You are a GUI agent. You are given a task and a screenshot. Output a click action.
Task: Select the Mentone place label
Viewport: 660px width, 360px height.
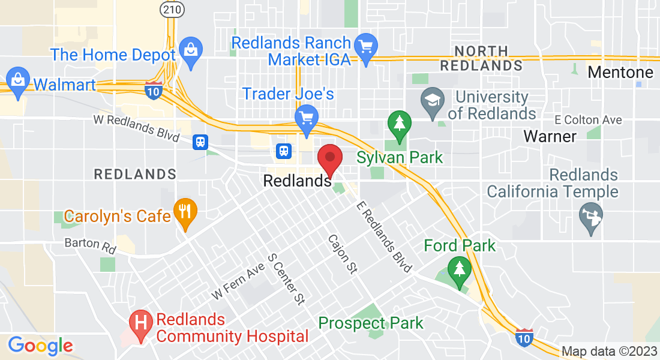pyautogui.click(x=620, y=73)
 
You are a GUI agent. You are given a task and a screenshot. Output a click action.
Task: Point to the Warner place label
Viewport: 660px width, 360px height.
pyautogui.click(x=550, y=136)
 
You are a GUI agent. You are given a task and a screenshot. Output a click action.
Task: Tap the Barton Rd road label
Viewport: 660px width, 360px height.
pyautogui.click(x=90, y=245)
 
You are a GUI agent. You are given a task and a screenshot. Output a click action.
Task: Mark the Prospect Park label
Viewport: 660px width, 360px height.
pyautogui.click(x=370, y=323)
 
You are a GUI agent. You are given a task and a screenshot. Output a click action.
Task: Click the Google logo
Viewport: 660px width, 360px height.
pyautogui.click(x=40, y=346)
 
